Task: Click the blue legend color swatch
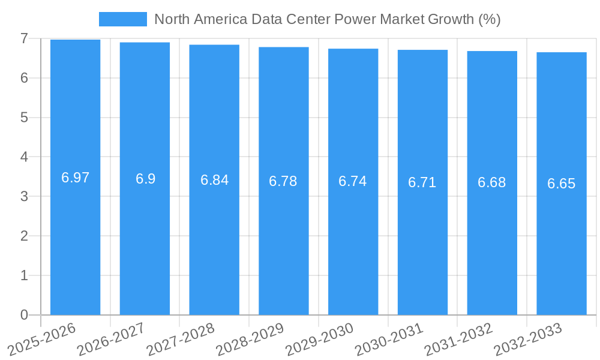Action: point(122,19)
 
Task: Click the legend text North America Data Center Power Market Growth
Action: point(327,19)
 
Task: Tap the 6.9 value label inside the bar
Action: point(145,179)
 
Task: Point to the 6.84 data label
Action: point(214,180)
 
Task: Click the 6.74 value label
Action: point(353,181)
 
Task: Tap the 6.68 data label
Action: point(492,182)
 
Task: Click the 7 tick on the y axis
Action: point(24,38)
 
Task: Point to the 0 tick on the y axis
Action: point(24,315)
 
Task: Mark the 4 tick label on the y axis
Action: point(24,157)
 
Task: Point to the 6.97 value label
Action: point(75,178)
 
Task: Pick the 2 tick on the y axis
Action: point(24,236)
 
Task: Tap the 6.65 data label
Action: point(562,184)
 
